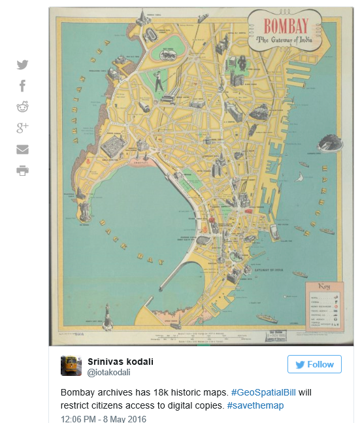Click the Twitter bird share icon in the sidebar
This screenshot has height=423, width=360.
pos(23,65)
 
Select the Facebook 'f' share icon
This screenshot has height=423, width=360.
pos(23,86)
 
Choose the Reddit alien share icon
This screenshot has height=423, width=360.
pos(23,107)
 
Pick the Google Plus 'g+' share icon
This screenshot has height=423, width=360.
pos(23,128)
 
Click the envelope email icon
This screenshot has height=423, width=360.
pos(23,150)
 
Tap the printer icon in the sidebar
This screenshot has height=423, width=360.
pos(23,171)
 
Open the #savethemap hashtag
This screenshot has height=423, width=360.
pos(255,406)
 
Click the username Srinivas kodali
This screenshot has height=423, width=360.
pos(120,362)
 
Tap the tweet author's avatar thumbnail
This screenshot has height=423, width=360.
pos(71,365)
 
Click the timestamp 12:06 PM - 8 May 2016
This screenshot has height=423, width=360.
pos(103,418)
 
